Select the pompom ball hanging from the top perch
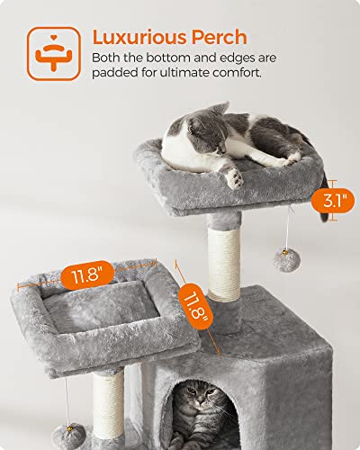click(x=282, y=260)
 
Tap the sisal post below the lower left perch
click(x=107, y=405)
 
